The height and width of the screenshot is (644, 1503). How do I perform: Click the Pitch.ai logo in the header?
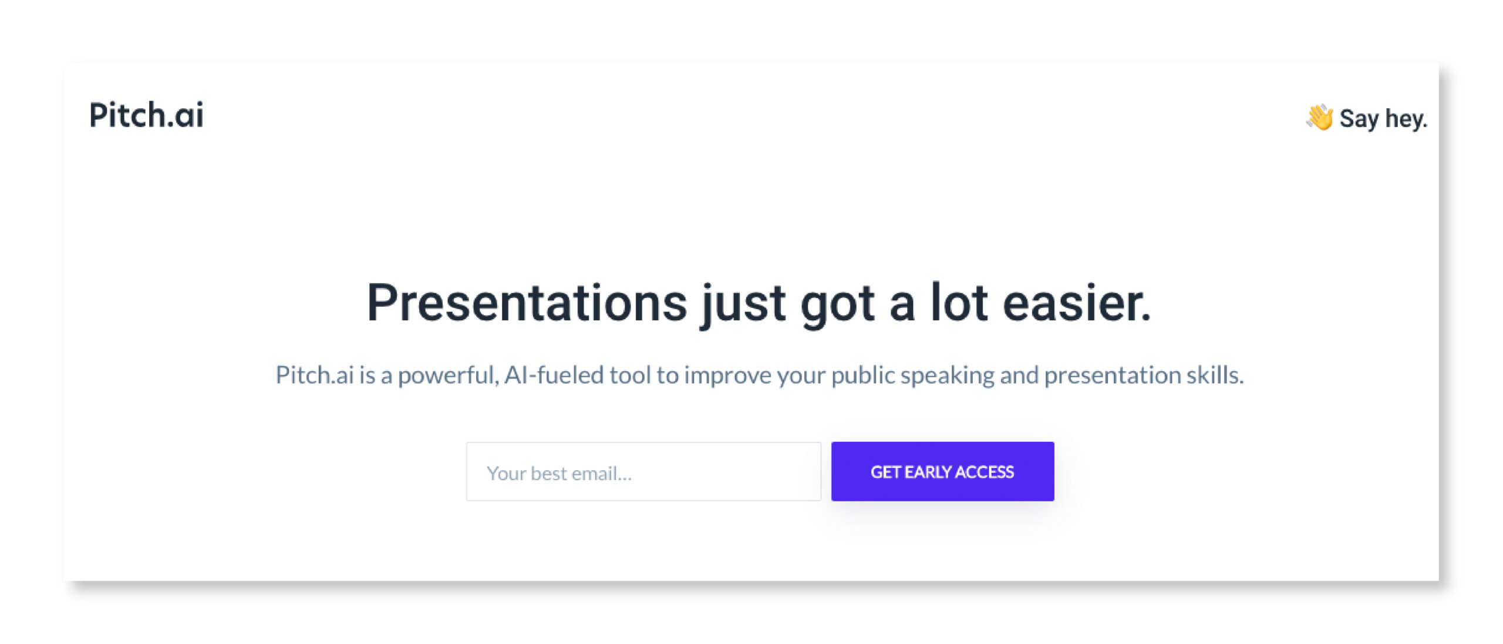click(x=146, y=114)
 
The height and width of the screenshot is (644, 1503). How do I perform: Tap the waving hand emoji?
click(x=1319, y=118)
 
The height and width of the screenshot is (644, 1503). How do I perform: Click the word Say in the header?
click(x=1359, y=119)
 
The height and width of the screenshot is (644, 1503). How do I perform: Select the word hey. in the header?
click(x=1406, y=119)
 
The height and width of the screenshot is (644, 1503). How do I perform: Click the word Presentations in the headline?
click(x=527, y=303)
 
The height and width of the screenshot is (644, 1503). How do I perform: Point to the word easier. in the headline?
click(x=1077, y=303)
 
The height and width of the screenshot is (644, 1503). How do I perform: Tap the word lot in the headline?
click(x=959, y=303)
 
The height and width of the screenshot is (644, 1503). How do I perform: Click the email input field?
click(x=643, y=472)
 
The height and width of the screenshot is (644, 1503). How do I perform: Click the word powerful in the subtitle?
click(x=449, y=375)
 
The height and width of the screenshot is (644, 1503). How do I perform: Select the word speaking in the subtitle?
click(x=948, y=376)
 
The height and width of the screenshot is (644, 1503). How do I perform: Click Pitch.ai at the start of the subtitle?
click(x=315, y=375)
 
